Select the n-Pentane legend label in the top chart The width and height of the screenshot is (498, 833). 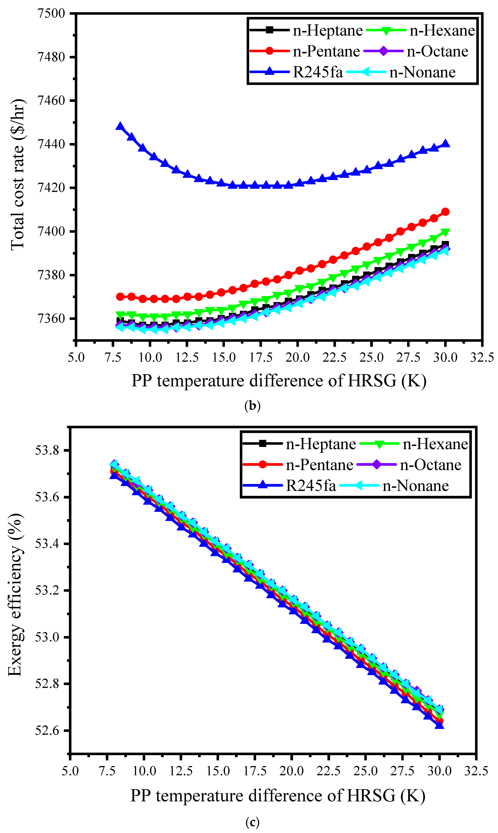pos(326,51)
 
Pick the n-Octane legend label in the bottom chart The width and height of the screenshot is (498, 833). pos(431,465)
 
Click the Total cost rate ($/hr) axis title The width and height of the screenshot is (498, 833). pos(17,174)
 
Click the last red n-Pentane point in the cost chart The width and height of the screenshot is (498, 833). pos(445,212)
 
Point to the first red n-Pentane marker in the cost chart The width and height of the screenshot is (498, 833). pos(120,297)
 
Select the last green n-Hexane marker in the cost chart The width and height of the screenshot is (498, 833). pos(445,232)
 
